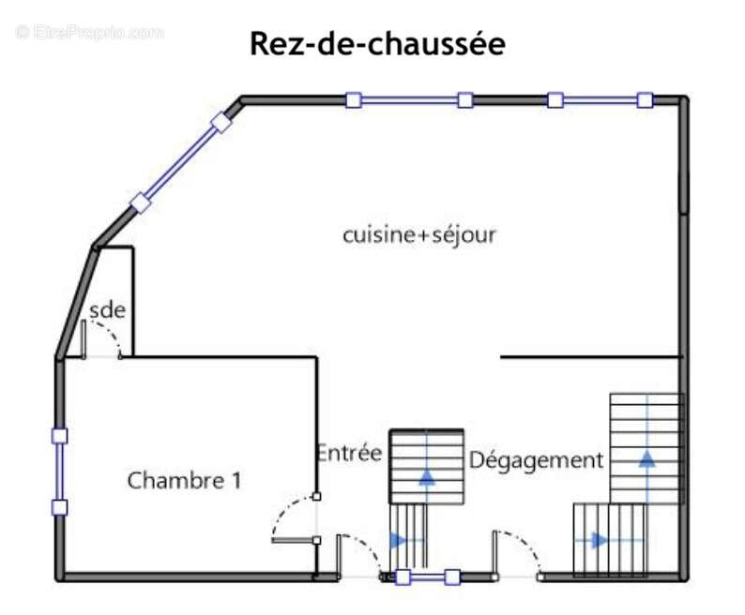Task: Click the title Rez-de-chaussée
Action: pos(377,44)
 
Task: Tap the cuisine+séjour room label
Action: pos(418,234)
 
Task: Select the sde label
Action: pos(107,310)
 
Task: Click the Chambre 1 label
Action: pos(184,481)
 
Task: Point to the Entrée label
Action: pos(349,453)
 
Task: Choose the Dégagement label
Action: pos(536,460)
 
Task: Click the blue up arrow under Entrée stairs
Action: pos(427,475)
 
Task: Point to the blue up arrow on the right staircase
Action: pos(646,457)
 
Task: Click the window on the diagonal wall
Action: pos(180,161)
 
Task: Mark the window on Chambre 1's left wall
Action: pos(59,472)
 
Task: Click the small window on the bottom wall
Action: pos(427,577)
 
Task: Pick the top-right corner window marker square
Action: pos(645,99)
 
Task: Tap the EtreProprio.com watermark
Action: pos(90,32)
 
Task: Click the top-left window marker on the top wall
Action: pos(353,99)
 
